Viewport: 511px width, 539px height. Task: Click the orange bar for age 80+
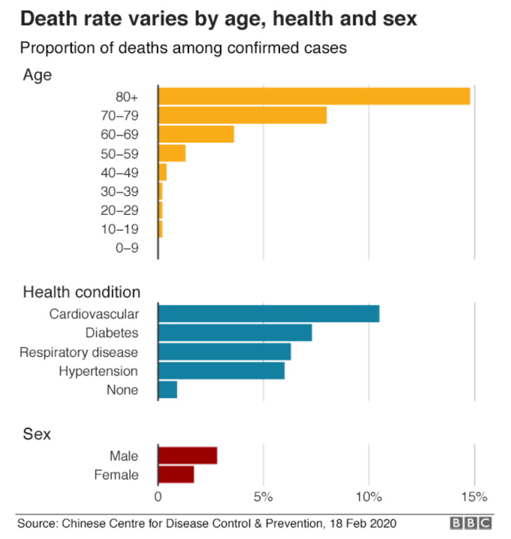point(314,97)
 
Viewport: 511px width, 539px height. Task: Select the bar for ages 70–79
point(242,115)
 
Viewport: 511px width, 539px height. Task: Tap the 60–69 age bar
point(196,134)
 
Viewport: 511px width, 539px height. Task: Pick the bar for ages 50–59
point(172,153)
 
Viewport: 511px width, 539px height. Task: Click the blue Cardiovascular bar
point(269,314)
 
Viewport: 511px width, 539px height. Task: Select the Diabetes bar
point(235,332)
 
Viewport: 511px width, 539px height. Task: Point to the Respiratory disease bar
point(225,351)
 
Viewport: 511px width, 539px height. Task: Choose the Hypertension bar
point(221,370)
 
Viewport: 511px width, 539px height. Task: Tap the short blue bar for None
point(168,389)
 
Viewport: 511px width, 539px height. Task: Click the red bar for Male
point(188,456)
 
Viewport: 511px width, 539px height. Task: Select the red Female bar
point(176,475)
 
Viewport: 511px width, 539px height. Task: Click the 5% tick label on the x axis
point(263,498)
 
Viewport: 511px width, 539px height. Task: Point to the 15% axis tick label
point(474,498)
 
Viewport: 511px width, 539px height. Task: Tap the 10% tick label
point(369,498)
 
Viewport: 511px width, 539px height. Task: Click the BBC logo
point(471,524)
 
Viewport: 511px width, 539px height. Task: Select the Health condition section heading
point(82,292)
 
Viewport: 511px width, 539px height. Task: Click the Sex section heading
point(37,434)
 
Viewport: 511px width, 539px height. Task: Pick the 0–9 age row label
point(126,248)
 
